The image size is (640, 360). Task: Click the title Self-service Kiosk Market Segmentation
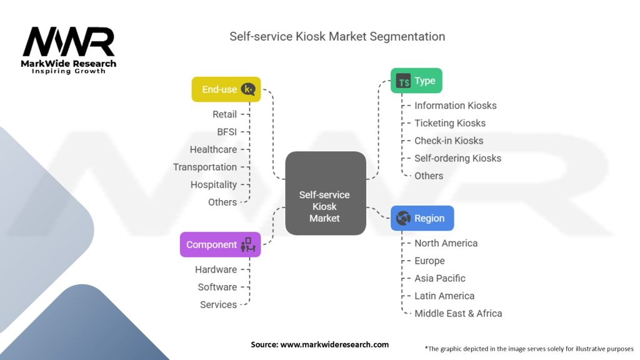coord(337,36)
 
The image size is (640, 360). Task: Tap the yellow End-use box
coord(226,89)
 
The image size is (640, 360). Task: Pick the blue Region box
coord(422,218)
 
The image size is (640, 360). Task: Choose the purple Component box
coord(220,244)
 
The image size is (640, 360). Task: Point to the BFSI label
coord(227,132)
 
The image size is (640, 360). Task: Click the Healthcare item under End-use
coord(213,149)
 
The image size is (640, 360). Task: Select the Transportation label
coord(205,167)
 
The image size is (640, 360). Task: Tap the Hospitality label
coord(214,184)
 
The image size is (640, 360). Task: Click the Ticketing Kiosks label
coord(449,123)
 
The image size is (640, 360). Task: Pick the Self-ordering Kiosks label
coord(457,158)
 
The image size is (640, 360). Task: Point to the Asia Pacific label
coord(439,278)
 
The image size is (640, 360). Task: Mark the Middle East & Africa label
coord(458,313)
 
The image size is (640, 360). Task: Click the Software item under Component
coord(217,287)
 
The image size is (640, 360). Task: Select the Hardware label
coord(216,269)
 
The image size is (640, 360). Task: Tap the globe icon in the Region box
coord(404,218)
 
